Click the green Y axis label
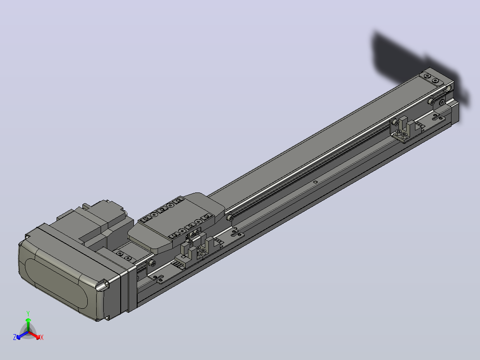point(28,313)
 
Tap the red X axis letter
point(42,337)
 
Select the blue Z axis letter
point(14,337)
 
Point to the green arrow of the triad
point(28,324)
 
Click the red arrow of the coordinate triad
point(34,335)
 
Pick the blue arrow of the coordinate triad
point(22,335)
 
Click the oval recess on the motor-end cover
point(56,283)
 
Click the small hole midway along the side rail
point(315,182)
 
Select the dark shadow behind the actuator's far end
point(416,67)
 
